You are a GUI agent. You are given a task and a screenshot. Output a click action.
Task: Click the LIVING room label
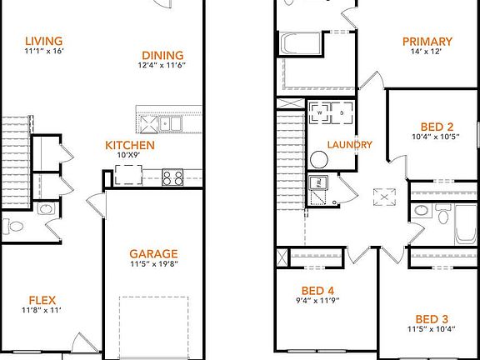point(44,41)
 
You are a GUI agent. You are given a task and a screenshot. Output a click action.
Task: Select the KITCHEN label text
point(129,144)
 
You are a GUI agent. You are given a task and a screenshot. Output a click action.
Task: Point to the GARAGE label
point(152,254)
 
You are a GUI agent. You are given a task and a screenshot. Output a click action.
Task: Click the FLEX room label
point(42,300)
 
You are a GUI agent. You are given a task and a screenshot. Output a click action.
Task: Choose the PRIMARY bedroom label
point(427,42)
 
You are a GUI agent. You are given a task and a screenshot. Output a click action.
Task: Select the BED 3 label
point(432,319)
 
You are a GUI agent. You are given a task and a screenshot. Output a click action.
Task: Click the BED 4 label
point(317,290)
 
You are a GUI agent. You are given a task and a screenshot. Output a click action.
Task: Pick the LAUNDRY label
point(349,144)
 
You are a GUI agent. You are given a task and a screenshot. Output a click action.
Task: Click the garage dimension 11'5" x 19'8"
point(152,265)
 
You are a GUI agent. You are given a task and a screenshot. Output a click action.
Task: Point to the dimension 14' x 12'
point(427,52)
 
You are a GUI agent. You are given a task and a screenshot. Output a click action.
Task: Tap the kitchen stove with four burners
point(173,177)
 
